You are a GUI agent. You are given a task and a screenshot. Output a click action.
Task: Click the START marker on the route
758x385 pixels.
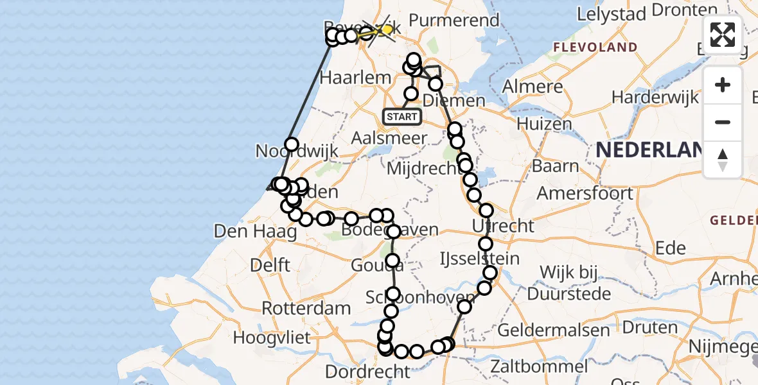pos(402,117)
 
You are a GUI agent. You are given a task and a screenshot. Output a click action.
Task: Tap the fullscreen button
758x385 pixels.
pos(723,35)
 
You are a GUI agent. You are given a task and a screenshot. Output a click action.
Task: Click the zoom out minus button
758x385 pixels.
pos(723,122)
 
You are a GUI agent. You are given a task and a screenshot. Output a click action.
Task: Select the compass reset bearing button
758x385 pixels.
pos(723,160)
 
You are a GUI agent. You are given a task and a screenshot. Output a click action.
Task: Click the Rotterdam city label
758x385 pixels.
pos(306,308)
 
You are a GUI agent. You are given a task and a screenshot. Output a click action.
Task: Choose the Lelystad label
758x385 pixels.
pos(610,13)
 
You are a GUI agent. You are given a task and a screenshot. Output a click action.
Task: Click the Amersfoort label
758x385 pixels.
pos(585,193)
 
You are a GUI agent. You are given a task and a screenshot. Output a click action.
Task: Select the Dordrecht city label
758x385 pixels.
pos(367,372)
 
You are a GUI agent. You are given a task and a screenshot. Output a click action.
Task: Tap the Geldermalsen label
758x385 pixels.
pos(553,330)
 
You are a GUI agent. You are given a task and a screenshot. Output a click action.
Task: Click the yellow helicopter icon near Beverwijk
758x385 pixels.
pos(386,29)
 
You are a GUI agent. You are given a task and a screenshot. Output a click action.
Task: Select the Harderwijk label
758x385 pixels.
pos(655,98)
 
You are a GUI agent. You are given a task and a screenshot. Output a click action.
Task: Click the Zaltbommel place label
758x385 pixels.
pos(538,367)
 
